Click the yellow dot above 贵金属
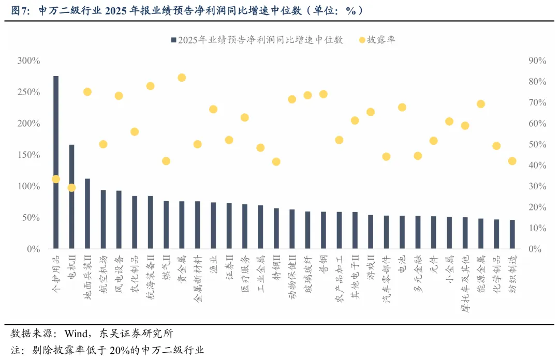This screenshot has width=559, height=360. pos(182,78)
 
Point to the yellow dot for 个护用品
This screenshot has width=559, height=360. pos(56,179)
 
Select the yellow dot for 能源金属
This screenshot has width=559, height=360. pos(481,104)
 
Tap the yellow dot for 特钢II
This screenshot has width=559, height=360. pos(276,161)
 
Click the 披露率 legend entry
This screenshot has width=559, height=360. pos(380,40)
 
